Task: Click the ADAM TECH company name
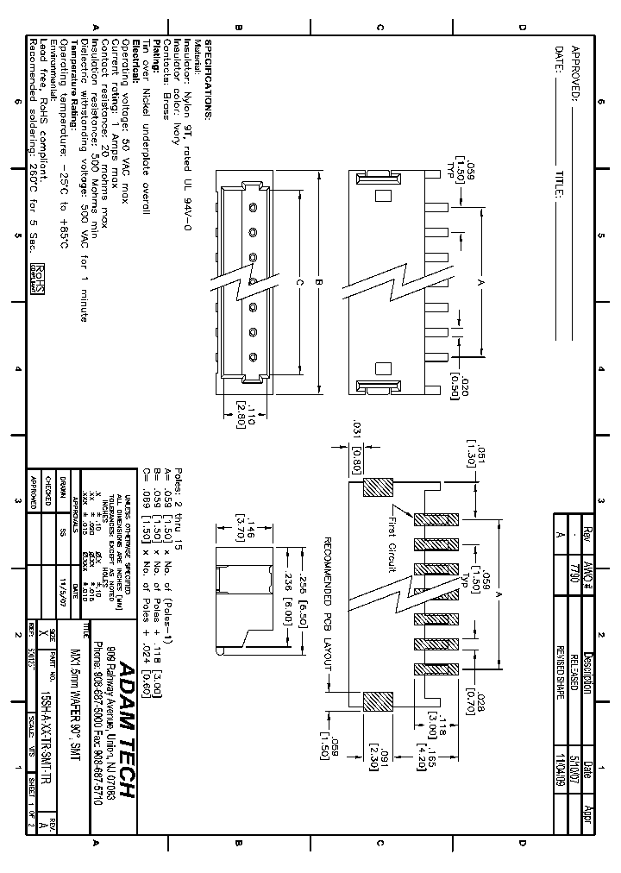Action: pyautogui.click(x=124, y=733)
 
